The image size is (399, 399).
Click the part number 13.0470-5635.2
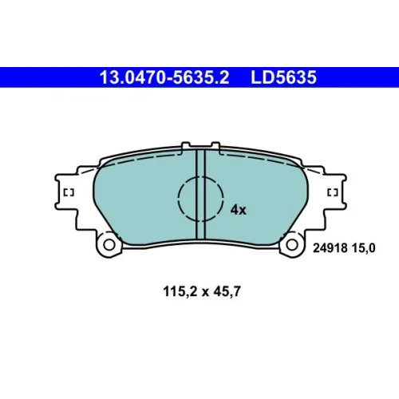pyautogui.click(x=164, y=77)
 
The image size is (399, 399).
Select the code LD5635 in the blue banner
pyautogui.click(x=283, y=77)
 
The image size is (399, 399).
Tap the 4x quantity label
pyautogui.click(x=239, y=210)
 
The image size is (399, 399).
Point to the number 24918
pyautogui.click(x=330, y=248)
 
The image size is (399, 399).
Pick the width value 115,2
pyautogui.click(x=180, y=291)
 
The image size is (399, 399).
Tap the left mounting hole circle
pyautogui.click(x=109, y=244)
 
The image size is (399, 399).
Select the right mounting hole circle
pyautogui.click(x=292, y=244)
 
